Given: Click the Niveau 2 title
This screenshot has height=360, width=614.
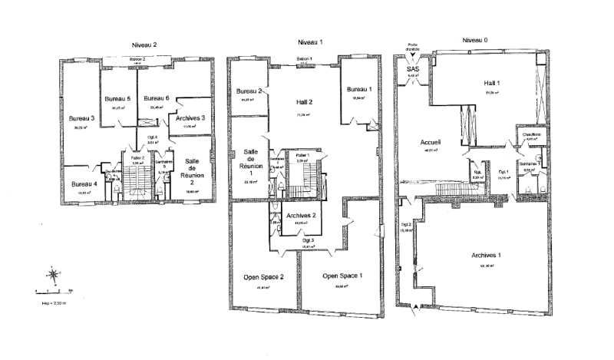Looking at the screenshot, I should tap(144, 45).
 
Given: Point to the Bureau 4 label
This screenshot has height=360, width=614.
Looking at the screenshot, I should tap(84, 184).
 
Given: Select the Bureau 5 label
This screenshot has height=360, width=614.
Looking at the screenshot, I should tap(117, 98).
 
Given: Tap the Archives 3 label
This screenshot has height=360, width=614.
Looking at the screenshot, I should tap(190, 118).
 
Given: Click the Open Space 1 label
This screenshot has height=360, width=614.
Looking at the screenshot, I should tap(342, 276).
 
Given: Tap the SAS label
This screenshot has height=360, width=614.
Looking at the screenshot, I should tap(412, 68).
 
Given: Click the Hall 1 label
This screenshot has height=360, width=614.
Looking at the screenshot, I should tap(492, 83).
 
